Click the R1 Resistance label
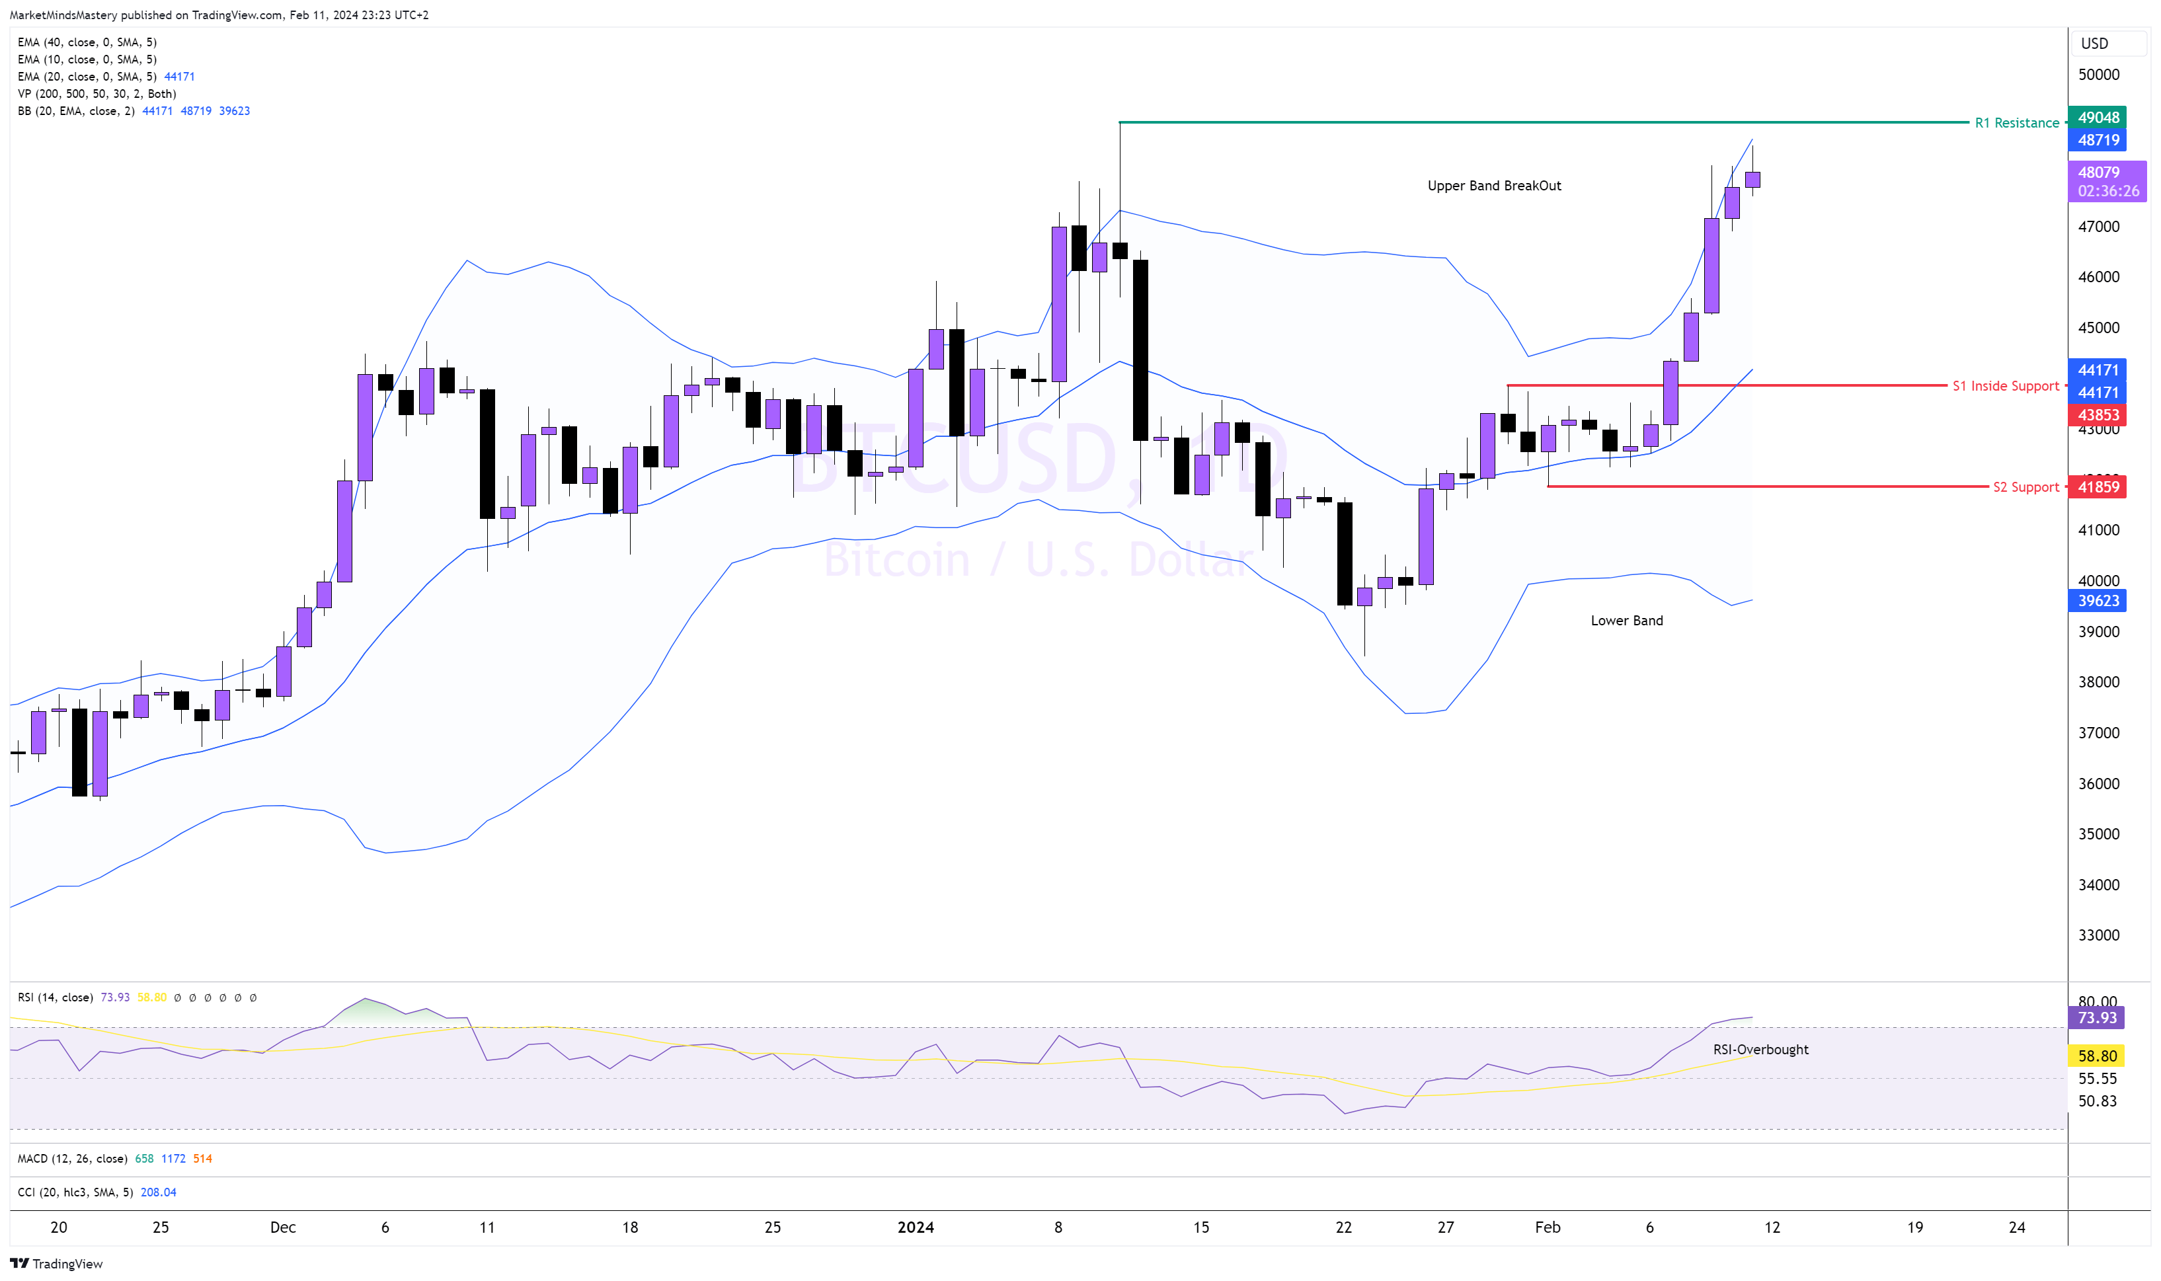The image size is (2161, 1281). (2016, 122)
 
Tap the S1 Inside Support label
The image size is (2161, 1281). (2005, 386)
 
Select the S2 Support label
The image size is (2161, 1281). (2025, 487)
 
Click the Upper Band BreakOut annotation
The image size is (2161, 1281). (1493, 186)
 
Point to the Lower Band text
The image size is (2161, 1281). (1626, 621)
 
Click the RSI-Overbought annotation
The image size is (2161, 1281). (1760, 1049)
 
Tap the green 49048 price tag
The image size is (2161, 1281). (2097, 118)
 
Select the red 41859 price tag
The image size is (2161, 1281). (2097, 487)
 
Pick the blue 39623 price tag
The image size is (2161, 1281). (2097, 601)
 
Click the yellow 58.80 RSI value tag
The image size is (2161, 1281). (2097, 1056)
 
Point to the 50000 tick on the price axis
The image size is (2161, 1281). (2098, 74)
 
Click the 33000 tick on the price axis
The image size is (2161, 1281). (2098, 935)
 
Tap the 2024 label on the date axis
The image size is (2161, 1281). (915, 1227)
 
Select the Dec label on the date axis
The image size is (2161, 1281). (282, 1227)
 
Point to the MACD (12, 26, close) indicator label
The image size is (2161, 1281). (73, 1159)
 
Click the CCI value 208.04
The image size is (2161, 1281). (158, 1192)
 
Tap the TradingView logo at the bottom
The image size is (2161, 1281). (57, 1264)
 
